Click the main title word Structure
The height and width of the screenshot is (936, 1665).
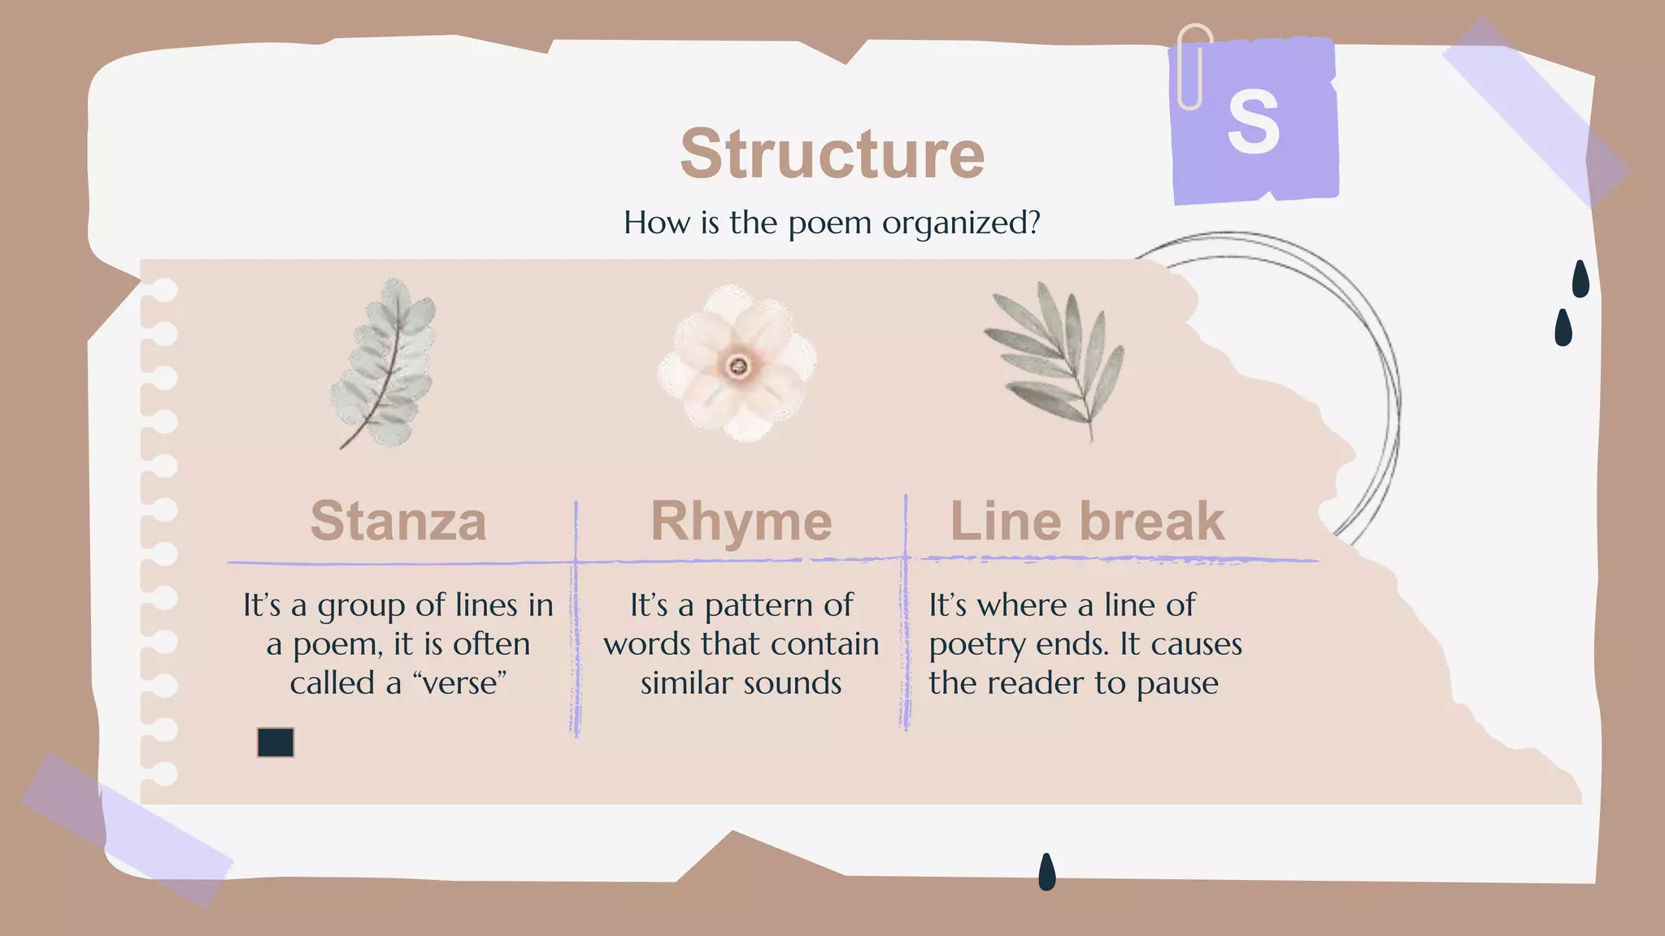tap(832, 154)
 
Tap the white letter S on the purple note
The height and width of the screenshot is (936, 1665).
tap(1253, 122)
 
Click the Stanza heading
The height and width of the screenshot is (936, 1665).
tap(398, 521)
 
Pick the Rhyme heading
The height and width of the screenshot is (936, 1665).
tap(741, 521)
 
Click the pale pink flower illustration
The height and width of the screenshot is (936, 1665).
tap(737, 363)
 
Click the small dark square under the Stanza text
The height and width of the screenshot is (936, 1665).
tap(276, 743)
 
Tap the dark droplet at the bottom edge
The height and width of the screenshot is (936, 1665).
tap(1047, 871)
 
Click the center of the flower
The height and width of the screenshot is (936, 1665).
tap(738, 366)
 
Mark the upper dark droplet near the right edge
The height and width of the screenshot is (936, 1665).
tap(1580, 279)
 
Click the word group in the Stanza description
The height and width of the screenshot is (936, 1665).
tap(362, 606)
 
